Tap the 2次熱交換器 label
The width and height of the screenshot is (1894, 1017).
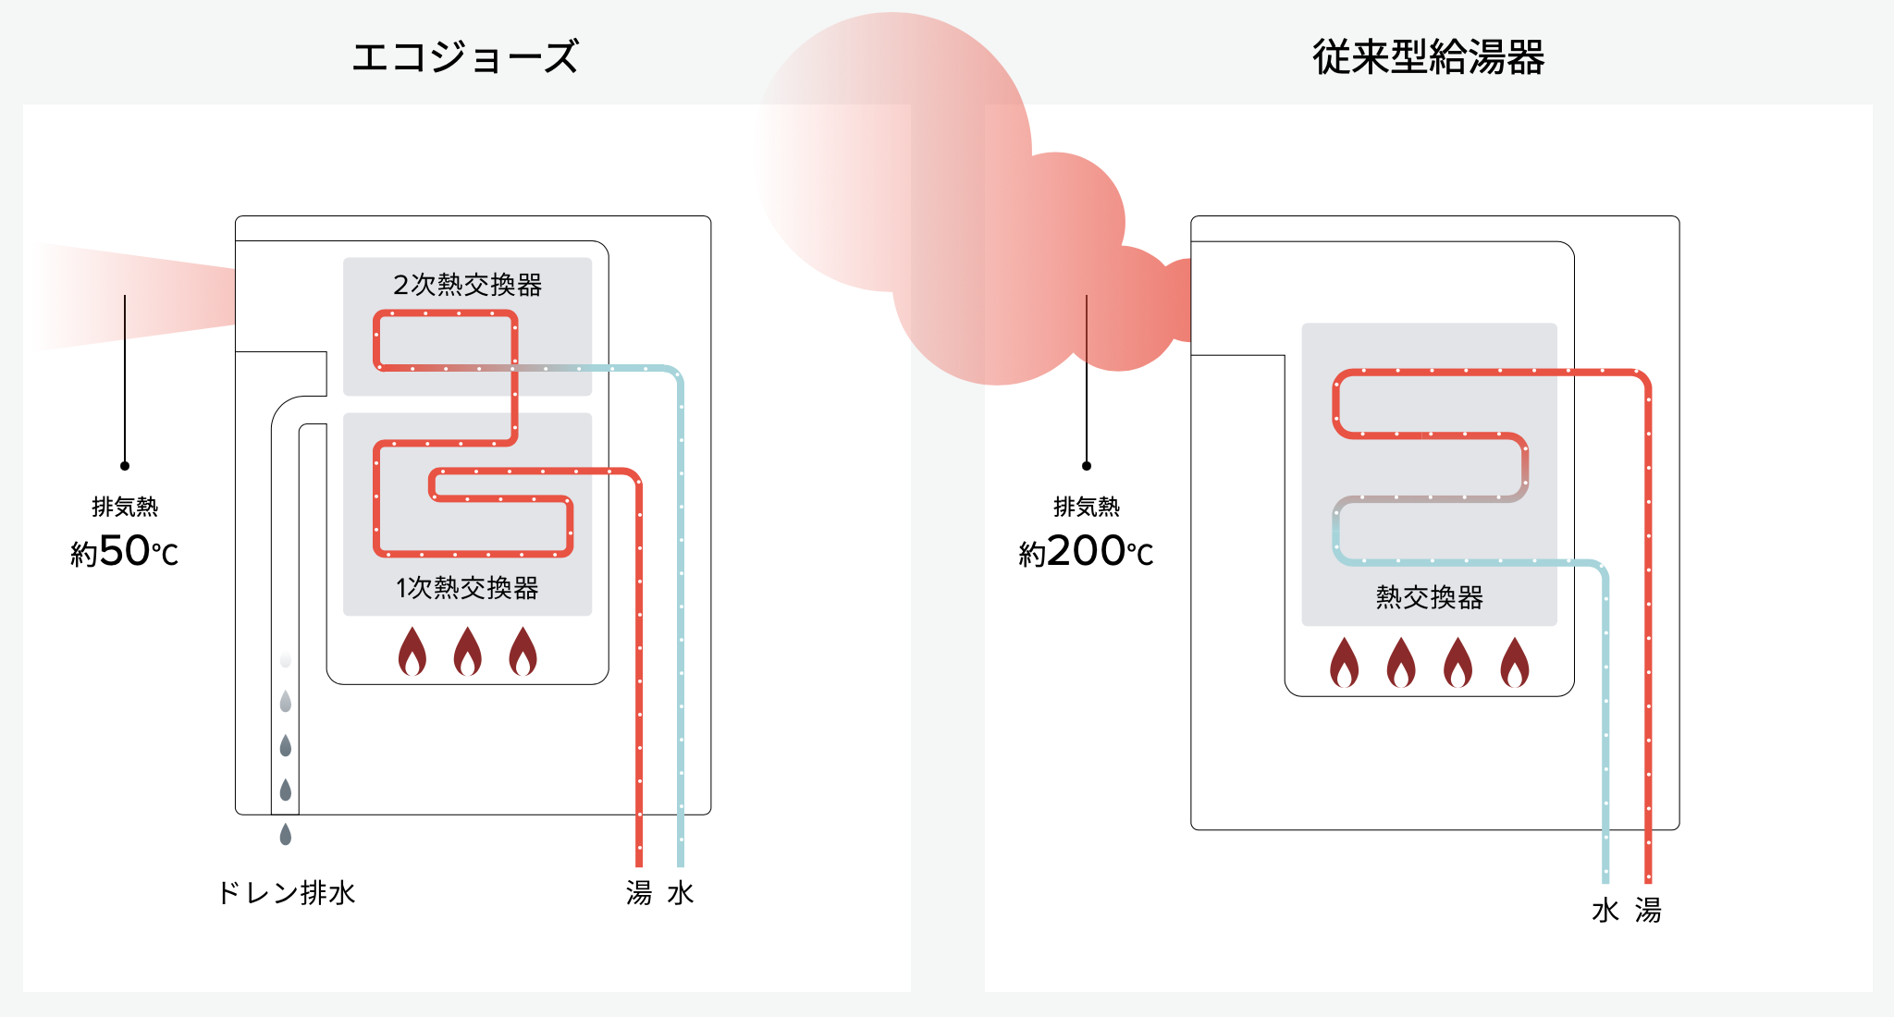click(467, 285)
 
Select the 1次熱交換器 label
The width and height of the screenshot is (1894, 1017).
click(467, 588)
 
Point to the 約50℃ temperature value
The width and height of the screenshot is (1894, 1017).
click(125, 552)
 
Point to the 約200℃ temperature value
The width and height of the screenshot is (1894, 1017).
click(1086, 552)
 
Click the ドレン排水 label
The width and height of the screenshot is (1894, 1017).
click(287, 893)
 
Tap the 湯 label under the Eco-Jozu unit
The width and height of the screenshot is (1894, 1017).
click(638, 893)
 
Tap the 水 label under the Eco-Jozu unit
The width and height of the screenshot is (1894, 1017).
click(681, 893)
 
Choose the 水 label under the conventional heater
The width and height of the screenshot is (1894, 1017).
click(1605, 911)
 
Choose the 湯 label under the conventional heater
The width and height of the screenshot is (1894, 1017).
click(1648, 911)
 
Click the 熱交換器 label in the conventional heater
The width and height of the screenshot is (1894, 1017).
click(1429, 597)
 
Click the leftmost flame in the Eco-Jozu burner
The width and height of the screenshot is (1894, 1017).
click(412, 652)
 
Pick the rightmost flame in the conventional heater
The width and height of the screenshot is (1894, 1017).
click(1515, 663)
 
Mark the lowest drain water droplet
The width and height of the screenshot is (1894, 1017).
click(286, 834)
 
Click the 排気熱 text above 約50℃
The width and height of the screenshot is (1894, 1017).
click(125, 507)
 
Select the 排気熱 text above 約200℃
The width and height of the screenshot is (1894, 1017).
click(1087, 507)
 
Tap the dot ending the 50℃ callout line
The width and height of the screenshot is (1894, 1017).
click(125, 466)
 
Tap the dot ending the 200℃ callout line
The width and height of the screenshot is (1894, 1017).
click(1087, 466)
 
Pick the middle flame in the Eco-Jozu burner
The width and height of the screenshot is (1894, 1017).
click(468, 652)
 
